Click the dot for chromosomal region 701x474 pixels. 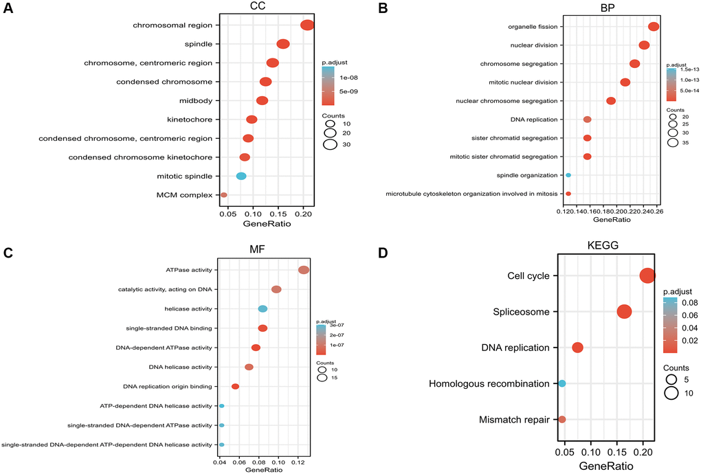[307, 25]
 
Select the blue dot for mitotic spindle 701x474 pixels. [241, 176]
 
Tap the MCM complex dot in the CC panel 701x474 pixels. [223, 195]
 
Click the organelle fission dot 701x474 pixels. [654, 27]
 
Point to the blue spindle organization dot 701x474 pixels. [568, 175]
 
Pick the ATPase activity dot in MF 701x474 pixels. [304, 270]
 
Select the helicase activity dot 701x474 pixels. [263, 309]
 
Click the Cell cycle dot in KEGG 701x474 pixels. [647, 275]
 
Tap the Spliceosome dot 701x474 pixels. [624, 311]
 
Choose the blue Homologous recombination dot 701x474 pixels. [562, 383]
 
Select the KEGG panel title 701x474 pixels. [605, 243]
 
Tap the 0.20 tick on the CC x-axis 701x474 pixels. [304, 214]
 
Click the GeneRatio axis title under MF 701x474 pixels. [263, 471]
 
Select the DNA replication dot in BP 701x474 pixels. [587, 120]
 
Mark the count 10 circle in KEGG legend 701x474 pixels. [671, 393]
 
